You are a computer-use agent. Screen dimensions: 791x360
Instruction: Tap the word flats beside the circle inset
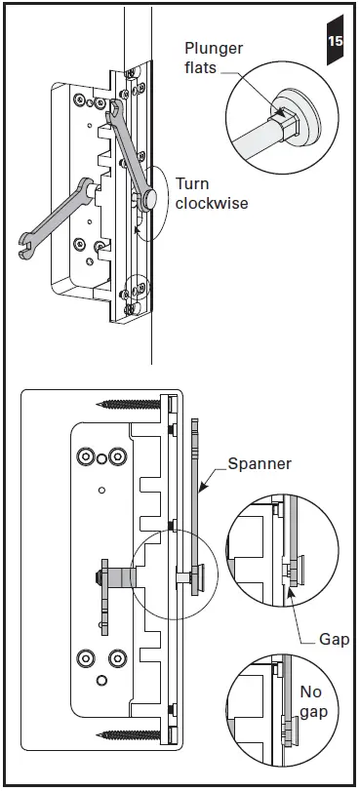204,67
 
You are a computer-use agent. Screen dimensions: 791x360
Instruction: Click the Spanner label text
259,464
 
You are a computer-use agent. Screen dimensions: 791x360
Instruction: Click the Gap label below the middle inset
335,640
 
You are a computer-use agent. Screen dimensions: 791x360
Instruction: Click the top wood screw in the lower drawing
129,402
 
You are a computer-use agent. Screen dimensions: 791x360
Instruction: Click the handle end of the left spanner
26,248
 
